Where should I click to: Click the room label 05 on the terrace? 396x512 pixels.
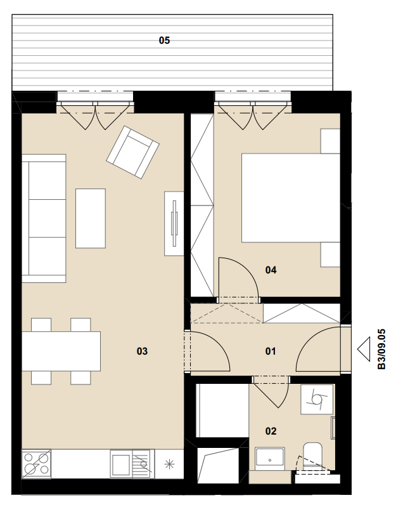coord(164,40)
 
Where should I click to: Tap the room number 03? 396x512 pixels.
coord(142,351)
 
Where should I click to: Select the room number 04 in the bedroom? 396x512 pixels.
coord(271,270)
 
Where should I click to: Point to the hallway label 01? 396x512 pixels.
coord(271,351)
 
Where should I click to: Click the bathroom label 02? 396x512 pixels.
coord(271,431)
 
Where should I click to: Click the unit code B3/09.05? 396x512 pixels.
coord(381,349)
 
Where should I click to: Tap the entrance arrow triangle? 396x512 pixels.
coord(364,349)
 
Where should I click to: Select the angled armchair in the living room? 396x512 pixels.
coord(133,152)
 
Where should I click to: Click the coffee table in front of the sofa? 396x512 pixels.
coord(91,218)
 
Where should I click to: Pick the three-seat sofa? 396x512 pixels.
coord(44,218)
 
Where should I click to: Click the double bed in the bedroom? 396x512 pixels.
coord(291,198)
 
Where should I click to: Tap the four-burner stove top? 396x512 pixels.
coord(36,464)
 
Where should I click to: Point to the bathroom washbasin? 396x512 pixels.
coord(270,459)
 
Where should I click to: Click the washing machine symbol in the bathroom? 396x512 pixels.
coord(317,399)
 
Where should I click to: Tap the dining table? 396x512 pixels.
coord(61,351)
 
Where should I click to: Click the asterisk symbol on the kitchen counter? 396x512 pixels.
coord(169,464)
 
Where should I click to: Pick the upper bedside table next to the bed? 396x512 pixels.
coord(331,141)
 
